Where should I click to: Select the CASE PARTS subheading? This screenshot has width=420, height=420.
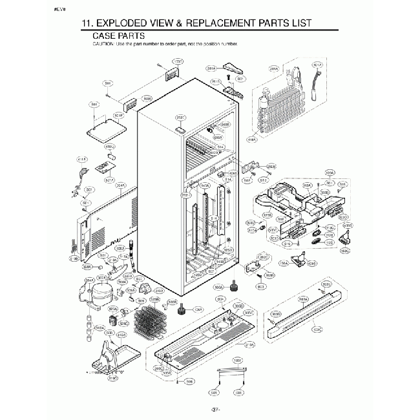[118, 36]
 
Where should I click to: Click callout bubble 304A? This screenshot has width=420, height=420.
[120, 185]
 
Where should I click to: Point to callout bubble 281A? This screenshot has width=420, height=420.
[211, 67]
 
